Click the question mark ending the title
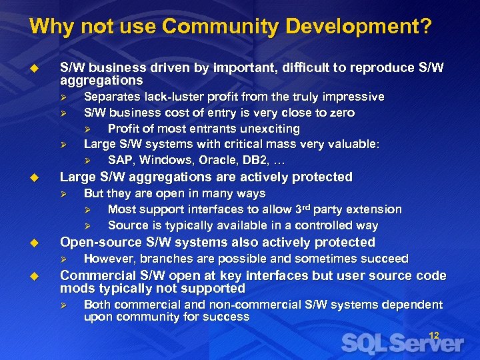pyautogui.click(x=426, y=27)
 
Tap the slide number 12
pyautogui.click(x=433, y=335)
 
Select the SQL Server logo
pyautogui.click(x=402, y=343)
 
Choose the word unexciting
pyautogui.click(x=265, y=129)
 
